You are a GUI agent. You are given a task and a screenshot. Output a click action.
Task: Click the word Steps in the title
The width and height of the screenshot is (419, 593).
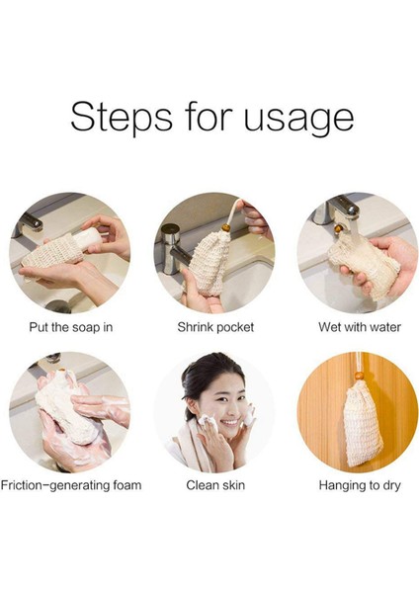(x=122, y=116)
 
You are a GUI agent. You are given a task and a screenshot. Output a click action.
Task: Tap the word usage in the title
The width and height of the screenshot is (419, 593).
(x=299, y=120)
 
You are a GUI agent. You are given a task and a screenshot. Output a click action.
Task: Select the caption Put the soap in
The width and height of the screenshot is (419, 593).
(x=71, y=327)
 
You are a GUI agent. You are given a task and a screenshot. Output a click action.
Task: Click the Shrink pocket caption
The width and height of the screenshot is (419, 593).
(x=215, y=327)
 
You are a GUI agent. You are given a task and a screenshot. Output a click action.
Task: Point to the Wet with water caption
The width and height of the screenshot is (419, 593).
(x=360, y=327)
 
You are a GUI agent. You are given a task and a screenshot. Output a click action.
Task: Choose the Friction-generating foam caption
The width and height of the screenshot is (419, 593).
(x=71, y=485)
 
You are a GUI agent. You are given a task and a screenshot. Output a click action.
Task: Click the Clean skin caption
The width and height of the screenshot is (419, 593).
(x=215, y=485)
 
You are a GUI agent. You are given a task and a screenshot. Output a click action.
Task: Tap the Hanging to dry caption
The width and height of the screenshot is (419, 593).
(x=360, y=485)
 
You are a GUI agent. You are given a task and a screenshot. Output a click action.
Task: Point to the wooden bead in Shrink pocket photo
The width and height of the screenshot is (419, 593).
(x=225, y=228)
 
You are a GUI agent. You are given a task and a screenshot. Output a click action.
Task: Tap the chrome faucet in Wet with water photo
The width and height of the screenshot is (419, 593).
(x=337, y=208)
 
